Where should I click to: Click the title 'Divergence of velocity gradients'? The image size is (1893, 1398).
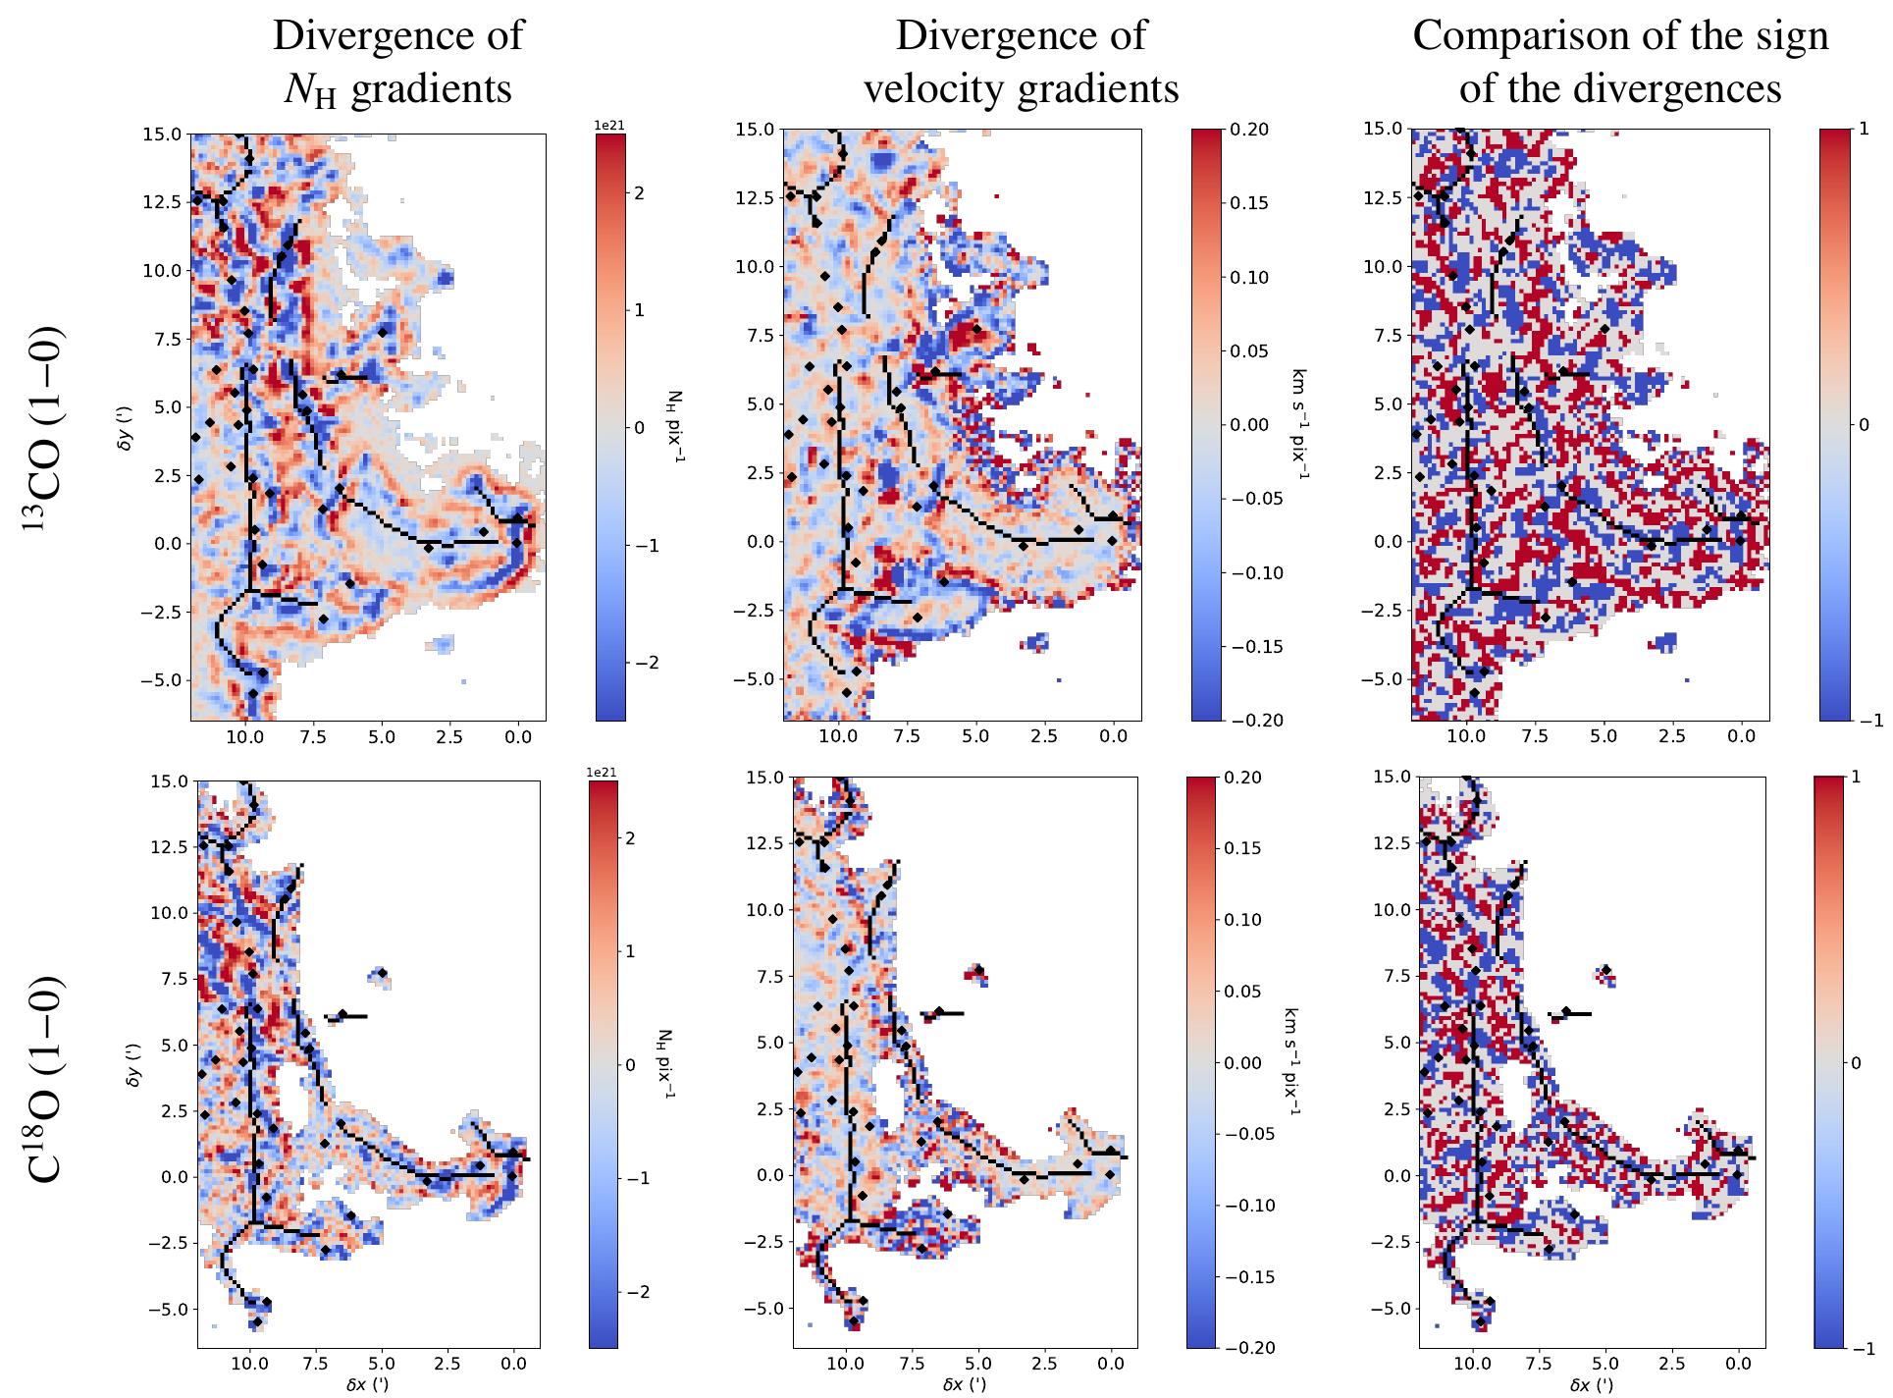[x=1020, y=62]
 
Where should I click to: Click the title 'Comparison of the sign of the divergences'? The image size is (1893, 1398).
[x=1620, y=62]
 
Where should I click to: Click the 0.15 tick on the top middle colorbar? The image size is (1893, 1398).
[x=1249, y=203]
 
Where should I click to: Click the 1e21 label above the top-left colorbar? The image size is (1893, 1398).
[x=609, y=124]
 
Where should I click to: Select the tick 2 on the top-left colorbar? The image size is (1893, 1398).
[x=638, y=193]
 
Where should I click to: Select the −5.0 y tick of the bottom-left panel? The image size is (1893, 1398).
[x=169, y=1309]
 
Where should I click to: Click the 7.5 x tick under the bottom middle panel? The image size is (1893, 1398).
[x=912, y=1363]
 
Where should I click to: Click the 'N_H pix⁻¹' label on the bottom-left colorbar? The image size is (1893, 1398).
[x=664, y=1064]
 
